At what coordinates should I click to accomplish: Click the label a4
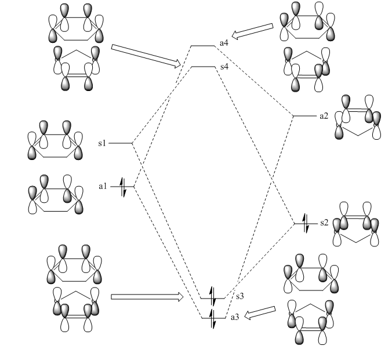pos(224,43)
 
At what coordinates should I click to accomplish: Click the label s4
pos(224,67)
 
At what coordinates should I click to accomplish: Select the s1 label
pos(102,143)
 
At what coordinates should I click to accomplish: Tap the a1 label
pos(103,186)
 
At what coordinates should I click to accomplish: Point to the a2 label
pos(324,116)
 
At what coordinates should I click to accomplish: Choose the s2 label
pos(324,223)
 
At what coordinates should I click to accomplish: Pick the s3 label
pos(239,296)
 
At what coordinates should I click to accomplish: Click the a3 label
pos(235,317)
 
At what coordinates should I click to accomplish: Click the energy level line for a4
pos(203,46)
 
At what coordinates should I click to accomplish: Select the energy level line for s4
pos(204,67)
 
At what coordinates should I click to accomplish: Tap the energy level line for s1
pos(121,143)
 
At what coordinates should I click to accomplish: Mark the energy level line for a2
pos(305,116)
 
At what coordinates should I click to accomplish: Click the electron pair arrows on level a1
pos(123,187)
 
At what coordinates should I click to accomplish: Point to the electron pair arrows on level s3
pos(212,296)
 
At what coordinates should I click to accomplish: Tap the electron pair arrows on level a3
pos(212,319)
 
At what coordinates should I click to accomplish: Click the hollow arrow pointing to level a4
pos(252,31)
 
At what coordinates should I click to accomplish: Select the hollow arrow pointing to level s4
pos(146,56)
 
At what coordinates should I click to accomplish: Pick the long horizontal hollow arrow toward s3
pos(147,297)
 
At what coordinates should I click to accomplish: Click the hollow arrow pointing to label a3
pos(260,313)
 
